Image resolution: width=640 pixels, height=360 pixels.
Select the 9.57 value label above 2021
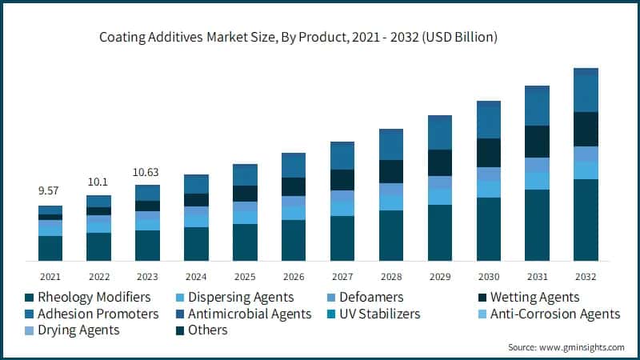(50, 191)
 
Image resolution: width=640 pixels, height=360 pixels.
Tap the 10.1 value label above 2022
(98, 181)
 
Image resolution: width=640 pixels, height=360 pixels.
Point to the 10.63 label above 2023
(147, 171)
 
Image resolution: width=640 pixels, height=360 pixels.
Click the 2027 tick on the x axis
(342, 277)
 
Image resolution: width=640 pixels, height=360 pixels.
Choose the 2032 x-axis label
(586, 277)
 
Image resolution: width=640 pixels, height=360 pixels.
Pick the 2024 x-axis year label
(196, 277)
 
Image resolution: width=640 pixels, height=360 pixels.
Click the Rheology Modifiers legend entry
(88, 297)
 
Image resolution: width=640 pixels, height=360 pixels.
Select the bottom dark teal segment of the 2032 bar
(586, 220)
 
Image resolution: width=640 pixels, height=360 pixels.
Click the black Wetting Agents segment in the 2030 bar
(489, 152)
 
